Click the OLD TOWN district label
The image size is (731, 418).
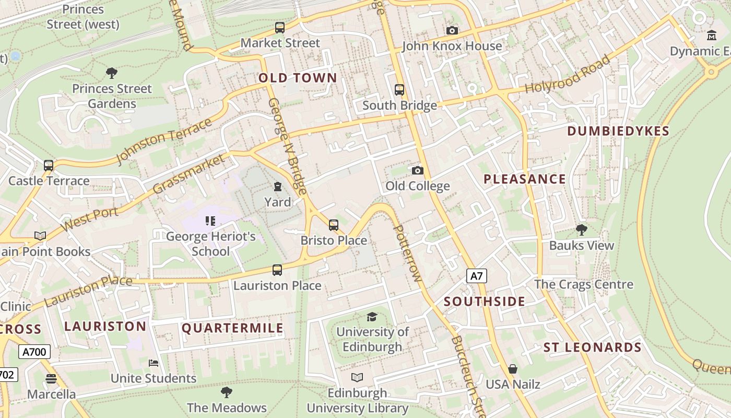pyautogui.click(x=298, y=78)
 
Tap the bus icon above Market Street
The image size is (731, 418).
pyautogui.click(x=280, y=28)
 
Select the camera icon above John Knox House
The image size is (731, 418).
pyautogui.click(x=452, y=31)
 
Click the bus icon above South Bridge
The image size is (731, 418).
pyautogui.click(x=399, y=90)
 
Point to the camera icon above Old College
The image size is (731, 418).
pyautogui.click(x=417, y=171)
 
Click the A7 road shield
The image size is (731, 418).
pyautogui.click(x=476, y=276)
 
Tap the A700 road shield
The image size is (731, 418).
pyautogui.click(x=35, y=352)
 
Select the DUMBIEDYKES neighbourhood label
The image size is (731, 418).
pyautogui.click(x=618, y=131)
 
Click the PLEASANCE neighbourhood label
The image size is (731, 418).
pyautogui.click(x=524, y=179)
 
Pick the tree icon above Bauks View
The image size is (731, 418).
pyautogui.click(x=581, y=230)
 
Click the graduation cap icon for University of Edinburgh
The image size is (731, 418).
pyautogui.click(x=372, y=317)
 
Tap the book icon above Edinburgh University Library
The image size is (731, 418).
pyautogui.click(x=357, y=377)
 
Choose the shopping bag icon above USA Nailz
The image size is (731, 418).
pyautogui.click(x=513, y=369)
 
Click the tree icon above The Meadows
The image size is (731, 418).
pyautogui.click(x=227, y=392)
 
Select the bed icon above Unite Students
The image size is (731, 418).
pyautogui.click(x=154, y=363)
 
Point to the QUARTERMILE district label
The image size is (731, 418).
pyautogui.click(x=232, y=328)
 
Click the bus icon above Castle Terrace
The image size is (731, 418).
pyautogui.click(x=49, y=166)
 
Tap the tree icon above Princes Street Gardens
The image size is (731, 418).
pyautogui.click(x=111, y=73)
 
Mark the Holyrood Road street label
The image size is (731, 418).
pyautogui.click(x=568, y=74)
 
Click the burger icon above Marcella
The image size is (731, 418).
pyautogui.click(x=51, y=378)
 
